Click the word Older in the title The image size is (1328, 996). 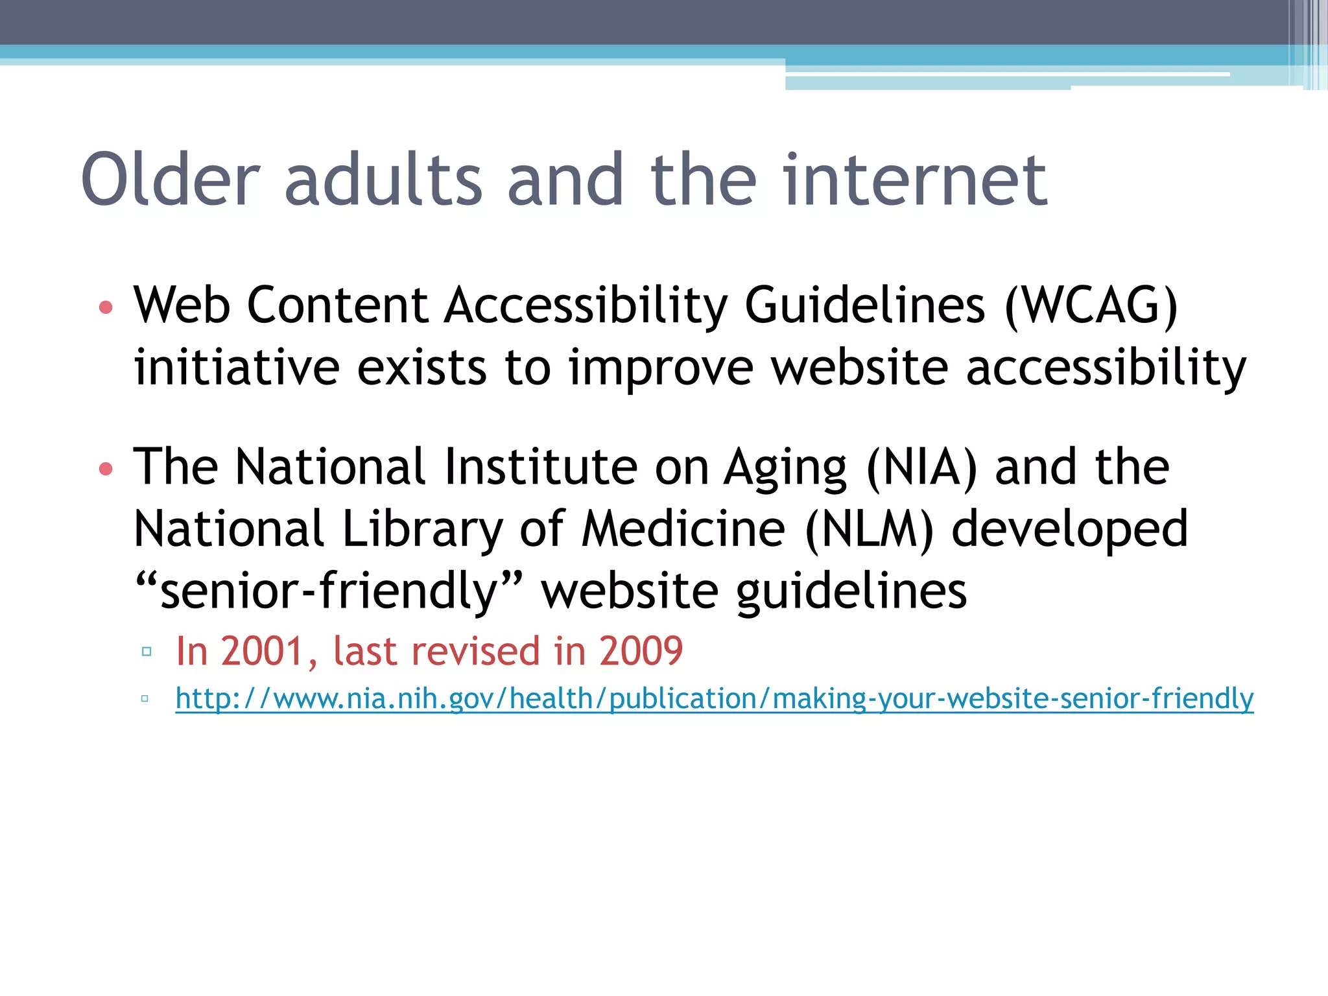[171, 180]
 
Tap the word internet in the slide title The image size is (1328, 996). [914, 180]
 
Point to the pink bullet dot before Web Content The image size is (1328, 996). [106, 307]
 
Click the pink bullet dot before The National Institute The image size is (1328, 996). [106, 468]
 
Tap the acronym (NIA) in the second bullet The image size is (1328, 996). [921, 467]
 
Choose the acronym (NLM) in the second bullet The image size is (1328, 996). [869, 529]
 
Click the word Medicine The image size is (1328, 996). [683, 529]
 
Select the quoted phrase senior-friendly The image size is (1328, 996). [328, 591]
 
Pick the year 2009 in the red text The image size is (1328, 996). [641, 651]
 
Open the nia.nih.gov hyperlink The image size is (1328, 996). [713, 698]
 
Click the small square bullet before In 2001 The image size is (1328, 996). [147, 651]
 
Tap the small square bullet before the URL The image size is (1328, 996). [145, 698]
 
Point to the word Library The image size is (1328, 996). [422, 529]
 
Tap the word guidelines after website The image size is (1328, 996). [851, 591]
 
